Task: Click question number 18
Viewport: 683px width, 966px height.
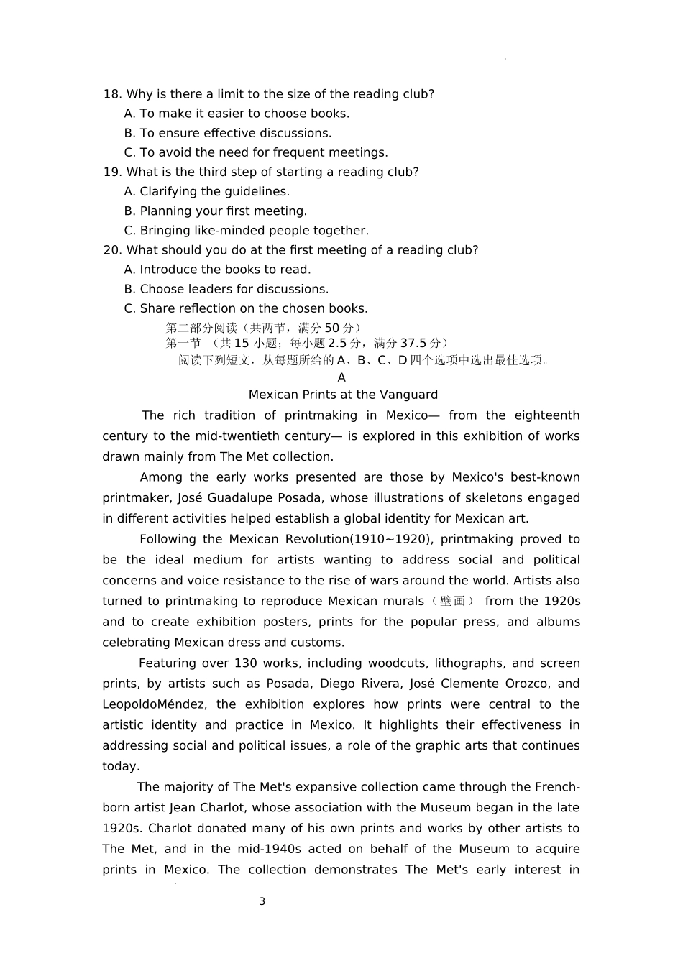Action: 112,94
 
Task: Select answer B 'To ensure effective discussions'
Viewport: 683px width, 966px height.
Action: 235,133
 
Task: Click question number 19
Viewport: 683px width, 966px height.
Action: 112,172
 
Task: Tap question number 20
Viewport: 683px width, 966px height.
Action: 112,249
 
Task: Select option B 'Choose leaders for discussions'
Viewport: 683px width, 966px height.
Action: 234,289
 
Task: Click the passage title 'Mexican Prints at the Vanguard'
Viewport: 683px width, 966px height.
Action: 343,395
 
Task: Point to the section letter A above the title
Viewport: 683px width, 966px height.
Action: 341,377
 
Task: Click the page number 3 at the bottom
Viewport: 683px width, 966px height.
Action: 262,901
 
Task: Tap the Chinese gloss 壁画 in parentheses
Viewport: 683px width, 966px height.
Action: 452,602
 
